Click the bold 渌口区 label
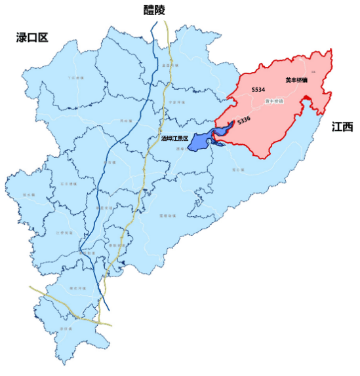coord(32,37)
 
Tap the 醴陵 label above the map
coord(155,9)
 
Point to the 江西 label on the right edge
coord(343,127)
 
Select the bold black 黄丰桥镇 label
coord(296,81)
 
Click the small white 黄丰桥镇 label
coord(274,102)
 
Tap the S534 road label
coord(258,88)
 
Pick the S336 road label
coord(244,121)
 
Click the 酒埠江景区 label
coord(174,138)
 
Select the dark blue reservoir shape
coord(200,142)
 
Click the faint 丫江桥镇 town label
coord(77,78)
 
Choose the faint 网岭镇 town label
coord(123,121)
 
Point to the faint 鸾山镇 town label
coord(237,169)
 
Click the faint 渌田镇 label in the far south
coord(65,328)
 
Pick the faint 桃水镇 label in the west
coord(28,195)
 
